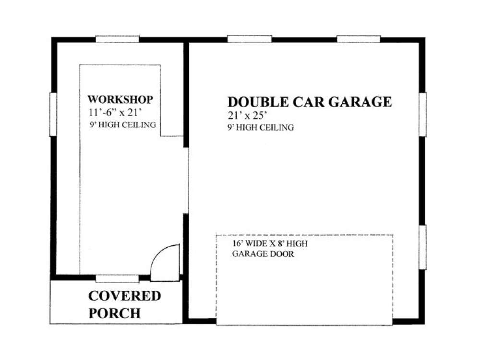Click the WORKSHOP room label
120,100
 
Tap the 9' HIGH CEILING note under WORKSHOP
122,125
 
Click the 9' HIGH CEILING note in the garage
261,128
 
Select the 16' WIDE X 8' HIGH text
270,244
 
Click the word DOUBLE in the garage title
258,102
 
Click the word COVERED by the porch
124,296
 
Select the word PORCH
115,313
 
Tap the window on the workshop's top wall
118,39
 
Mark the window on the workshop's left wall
53,114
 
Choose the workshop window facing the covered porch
117,278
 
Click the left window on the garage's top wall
250,39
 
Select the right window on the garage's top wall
359,39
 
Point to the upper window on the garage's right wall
422,114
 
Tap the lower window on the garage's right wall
422,247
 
